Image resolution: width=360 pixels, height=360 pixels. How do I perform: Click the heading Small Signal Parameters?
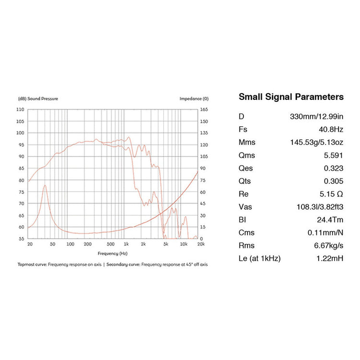pyautogui.click(x=291, y=97)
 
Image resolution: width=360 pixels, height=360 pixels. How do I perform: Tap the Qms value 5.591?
pyautogui.click(x=334, y=156)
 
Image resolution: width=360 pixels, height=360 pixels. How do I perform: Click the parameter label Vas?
pyautogui.click(x=245, y=207)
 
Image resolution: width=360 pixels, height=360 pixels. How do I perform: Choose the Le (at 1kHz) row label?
pyautogui.click(x=259, y=258)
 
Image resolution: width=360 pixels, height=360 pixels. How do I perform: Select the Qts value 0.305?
pyautogui.click(x=334, y=181)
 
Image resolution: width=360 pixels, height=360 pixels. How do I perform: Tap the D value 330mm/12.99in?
pyautogui.click(x=317, y=117)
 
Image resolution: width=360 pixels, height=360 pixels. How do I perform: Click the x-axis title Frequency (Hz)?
pyautogui.click(x=113, y=253)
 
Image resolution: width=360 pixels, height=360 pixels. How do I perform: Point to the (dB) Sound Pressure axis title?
pyautogui.click(x=38, y=99)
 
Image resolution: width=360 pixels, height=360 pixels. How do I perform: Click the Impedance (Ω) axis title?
pyautogui.click(x=194, y=99)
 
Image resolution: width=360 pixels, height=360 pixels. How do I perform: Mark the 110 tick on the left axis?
pyautogui.click(x=20, y=109)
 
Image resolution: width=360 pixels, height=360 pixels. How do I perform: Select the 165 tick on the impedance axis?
pyautogui.click(x=204, y=109)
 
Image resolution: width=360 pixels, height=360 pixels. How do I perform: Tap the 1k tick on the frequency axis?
pyautogui.click(x=126, y=244)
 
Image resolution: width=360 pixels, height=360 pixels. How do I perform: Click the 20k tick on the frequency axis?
pyautogui.click(x=198, y=244)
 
